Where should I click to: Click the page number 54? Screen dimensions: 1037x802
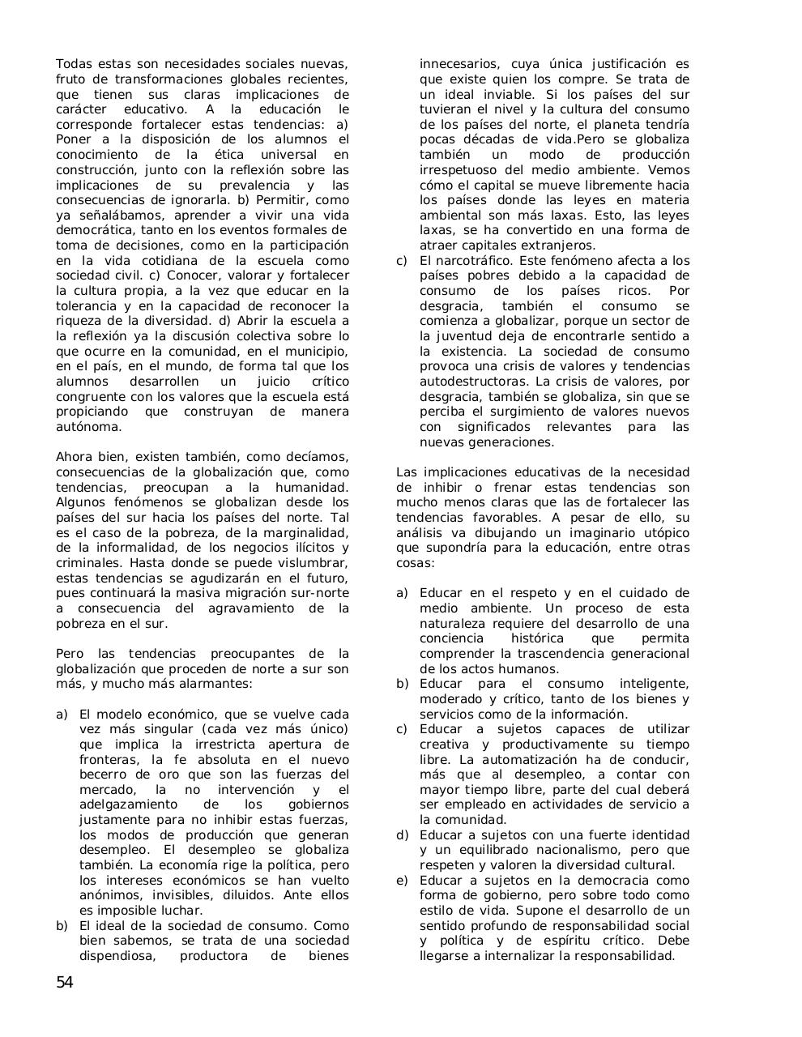(65, 983)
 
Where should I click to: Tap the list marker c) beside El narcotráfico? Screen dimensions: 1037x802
(402, 261)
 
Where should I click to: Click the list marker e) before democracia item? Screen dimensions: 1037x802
(402, 881)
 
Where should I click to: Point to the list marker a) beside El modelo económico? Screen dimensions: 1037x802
(62, 715)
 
